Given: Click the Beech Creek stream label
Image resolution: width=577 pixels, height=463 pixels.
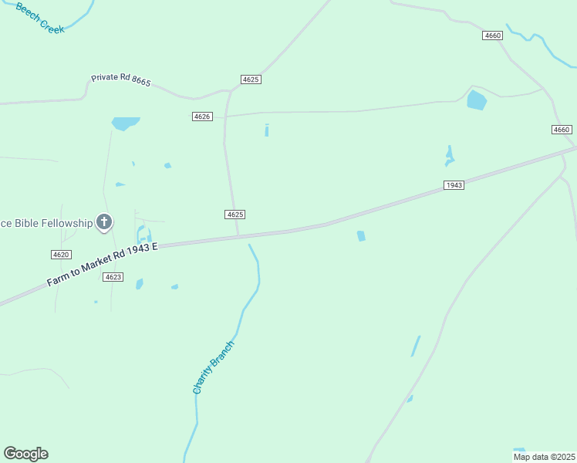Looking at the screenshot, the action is coord(39,15).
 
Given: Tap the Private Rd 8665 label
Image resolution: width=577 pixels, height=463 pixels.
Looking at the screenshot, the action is coord(120,79).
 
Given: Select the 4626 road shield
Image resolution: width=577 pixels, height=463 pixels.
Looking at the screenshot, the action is coord(202,116).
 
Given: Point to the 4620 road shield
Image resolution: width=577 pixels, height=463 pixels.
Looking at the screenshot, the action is coord(61,255).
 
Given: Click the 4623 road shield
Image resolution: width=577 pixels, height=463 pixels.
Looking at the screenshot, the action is coord(113,276).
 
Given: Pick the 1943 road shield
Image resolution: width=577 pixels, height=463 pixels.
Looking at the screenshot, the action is coord(454,185).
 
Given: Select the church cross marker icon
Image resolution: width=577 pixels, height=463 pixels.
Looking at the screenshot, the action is coord(104,223).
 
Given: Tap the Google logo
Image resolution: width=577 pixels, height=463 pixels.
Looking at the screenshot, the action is coord(25,454).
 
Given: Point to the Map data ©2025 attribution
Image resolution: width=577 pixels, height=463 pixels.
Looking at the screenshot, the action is coord(543,457).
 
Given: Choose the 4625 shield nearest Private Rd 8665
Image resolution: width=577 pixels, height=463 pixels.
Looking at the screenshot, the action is coord(251,79).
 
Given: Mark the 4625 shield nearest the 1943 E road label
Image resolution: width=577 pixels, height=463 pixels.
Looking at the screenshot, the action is coord(235,214).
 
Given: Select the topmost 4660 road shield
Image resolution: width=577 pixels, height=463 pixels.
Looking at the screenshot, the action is coord(493,35).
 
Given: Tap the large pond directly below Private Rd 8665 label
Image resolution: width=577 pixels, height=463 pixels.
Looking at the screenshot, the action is coord(125,123).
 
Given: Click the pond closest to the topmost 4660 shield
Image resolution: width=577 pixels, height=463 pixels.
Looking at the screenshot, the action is coord(477,100).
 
